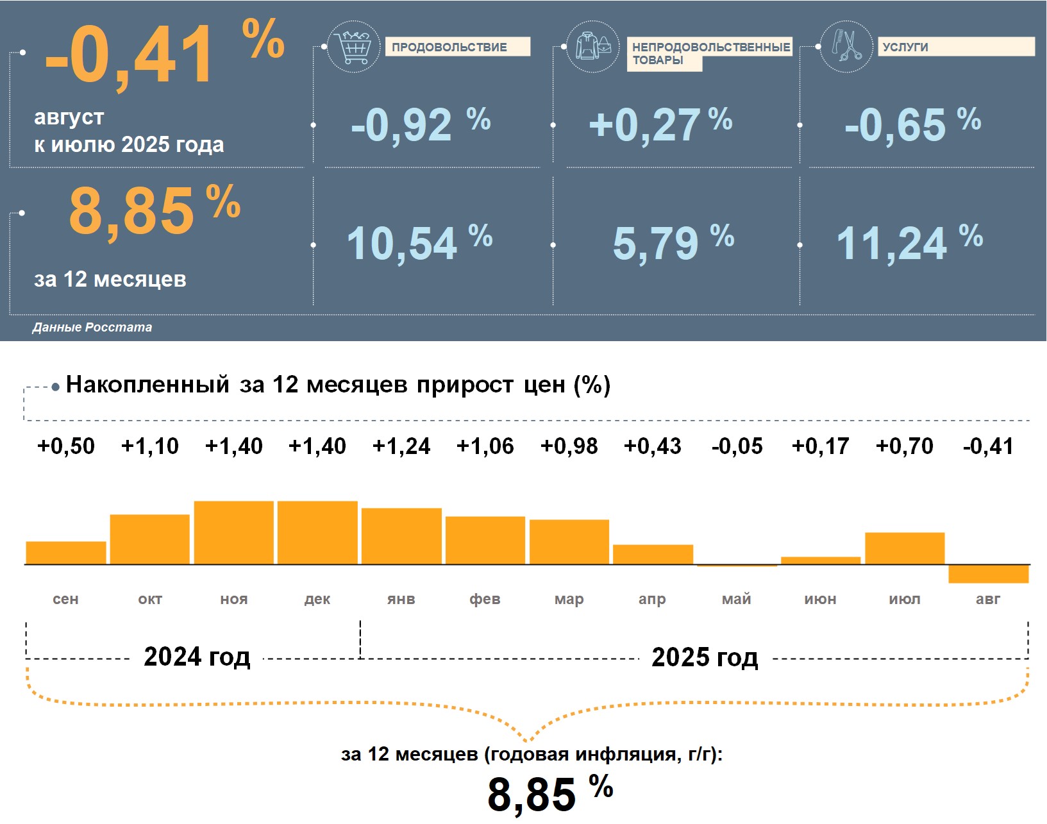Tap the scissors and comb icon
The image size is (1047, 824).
point(846,47)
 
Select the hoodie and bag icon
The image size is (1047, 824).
point(593,47)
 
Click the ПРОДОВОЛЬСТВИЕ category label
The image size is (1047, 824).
point(457,47)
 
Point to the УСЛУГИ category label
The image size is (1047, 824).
point(955,47)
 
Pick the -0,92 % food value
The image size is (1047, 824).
point(420,124)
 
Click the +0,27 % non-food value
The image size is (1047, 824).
point(660,124)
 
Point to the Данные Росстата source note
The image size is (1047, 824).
point(92,327)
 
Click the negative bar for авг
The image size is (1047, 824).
point(988,574)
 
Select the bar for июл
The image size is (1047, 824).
point(904,549)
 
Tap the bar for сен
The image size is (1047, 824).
point(66,553)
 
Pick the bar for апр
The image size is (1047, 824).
point(653,555)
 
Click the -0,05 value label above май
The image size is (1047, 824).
point(737,446)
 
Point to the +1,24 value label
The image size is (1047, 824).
point(401,446)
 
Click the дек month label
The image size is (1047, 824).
point(317,600)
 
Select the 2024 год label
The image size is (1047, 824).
point(197,657)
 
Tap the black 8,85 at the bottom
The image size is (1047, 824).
point(532,795)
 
